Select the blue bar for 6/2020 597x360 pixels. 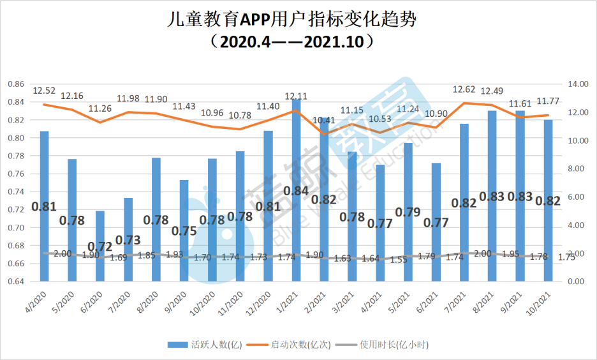coord(100,246)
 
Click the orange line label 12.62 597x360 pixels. coord(464,89)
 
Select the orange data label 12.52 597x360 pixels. coord(44,91)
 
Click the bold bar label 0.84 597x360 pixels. coord(296,191)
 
